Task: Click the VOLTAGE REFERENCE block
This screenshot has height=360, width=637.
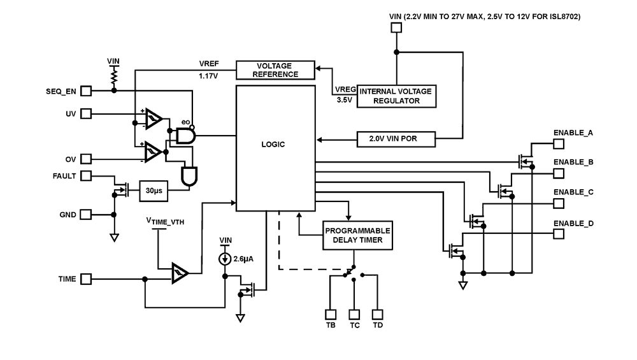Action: click(x=276, y=70)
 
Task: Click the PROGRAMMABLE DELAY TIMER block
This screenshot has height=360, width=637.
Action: click(x=358, y=235)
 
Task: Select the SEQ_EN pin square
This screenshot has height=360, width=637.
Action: click(x=85, y=91)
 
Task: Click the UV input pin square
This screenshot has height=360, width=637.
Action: click(x=85, y=113)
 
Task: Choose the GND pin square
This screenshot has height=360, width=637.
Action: click(x=85, y=215)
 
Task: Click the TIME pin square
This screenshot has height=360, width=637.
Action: click(x=85, y=279)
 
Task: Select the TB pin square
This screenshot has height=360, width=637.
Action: click(x=331, y=314)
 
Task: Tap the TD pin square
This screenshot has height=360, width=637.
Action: click(x=378, y=314)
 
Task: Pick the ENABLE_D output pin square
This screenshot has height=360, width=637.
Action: click(x=558, y=233)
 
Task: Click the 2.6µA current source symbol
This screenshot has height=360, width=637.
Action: click(x=225, y=259)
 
